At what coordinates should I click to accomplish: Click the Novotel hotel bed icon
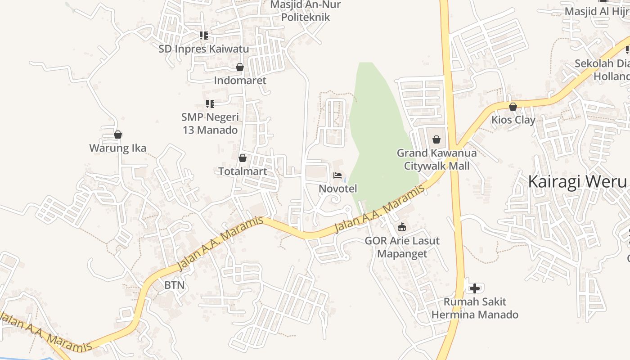click(337, 175)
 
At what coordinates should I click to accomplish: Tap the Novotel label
click(337, 189)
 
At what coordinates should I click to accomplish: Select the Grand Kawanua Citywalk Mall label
click(436, 159)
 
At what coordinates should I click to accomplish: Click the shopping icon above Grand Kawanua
click(436, 139)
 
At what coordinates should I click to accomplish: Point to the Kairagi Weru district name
click(577, 182)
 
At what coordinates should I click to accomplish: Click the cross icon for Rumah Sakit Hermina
click(474, 288)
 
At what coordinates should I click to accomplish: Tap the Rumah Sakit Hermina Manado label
click(475, 308)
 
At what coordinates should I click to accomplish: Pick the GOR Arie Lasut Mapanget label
click(402, 247)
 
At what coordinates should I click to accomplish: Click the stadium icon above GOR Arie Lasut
click(402, 227)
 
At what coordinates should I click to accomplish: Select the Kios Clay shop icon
click(513, 107)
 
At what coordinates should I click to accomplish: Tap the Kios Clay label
click(513, 120)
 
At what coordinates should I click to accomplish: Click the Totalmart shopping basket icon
click(242, 158)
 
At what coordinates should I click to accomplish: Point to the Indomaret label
click(240, 81)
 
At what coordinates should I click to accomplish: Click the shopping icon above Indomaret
click(240, 67)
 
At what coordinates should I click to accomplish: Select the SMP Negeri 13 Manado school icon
click(210, 104)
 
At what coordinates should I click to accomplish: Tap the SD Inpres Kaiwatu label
click(203, 49)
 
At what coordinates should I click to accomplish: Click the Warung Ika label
click(117, 148)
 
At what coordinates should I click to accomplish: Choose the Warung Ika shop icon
click(118, 135)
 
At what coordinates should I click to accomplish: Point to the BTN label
click(174, 285)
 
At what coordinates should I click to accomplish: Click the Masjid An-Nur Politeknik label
click(306, 11)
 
